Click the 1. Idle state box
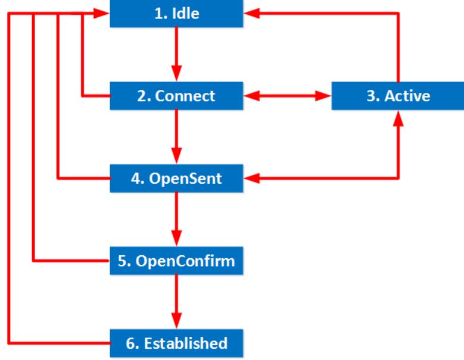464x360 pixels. (x=176, y=13)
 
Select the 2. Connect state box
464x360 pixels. (x=176, y=96)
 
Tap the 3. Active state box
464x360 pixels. (x=398, y=96)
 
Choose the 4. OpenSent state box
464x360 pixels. (x=176, y=179)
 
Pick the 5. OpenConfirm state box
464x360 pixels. (x=176, y=261)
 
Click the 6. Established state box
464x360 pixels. (x=176, y=343)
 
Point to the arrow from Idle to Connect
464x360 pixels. (x=176, y=54)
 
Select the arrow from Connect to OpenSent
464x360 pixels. (x=176, y=137)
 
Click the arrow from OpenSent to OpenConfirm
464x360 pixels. (x=176, y=220)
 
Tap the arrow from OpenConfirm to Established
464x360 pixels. (x=176, y=302)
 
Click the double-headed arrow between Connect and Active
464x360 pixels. (x=287, y=96)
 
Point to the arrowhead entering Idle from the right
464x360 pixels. (x=251, y=13)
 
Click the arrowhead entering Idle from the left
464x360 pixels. (x=101, y=13)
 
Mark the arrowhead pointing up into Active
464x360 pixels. (x=398, y=118)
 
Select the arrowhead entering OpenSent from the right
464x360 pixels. (x=251, y=179)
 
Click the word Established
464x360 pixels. (x=186, y=343)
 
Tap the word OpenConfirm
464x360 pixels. (x=185, y=261)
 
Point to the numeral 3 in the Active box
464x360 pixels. (x=370, y=96)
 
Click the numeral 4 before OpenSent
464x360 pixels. (x=136, y=179)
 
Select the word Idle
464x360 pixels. (x=186, y=13)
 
